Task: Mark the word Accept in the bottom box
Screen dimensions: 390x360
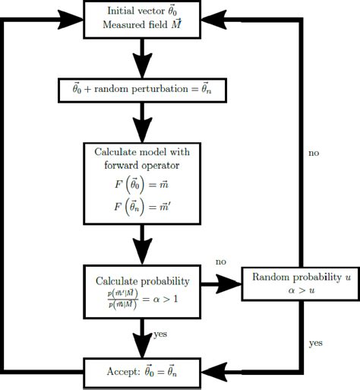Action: (124, 372)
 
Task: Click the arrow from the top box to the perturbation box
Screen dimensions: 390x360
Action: (141, 58)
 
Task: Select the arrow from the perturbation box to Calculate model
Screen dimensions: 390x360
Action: (141, 122)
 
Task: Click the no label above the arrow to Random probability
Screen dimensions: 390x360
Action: (220, 262)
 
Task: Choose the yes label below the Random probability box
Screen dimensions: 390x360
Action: (315, 343)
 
